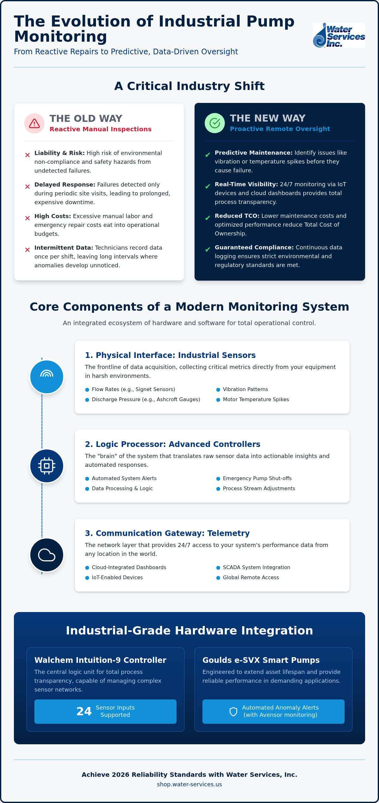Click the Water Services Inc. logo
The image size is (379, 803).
[x=339, y=35]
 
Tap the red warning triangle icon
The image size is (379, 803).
[x=34, y=123]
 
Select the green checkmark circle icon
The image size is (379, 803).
[x=215, y=123]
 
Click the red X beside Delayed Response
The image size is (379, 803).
[x=27, y=187]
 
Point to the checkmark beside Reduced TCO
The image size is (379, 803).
[x=208, y=218]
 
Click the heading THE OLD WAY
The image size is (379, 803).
[x=86, y=118]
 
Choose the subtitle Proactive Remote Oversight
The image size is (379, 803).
[x=280, y=129]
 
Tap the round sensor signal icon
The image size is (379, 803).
[x=47, y=377]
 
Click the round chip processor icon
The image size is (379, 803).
[x=47, y=466]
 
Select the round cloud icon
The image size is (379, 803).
[x=47, y=555]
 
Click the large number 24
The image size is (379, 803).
[x=84, y=711]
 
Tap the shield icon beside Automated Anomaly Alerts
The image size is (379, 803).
[x=233, y=711]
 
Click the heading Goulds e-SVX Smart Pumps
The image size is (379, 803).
[x=261, y=660]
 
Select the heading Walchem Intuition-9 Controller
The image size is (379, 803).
[x=100, y=660]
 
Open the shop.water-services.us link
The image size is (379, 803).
[x=189, y=784]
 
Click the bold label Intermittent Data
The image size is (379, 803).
[x=64, y=248]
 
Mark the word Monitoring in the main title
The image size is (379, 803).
[x=61, y=36]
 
